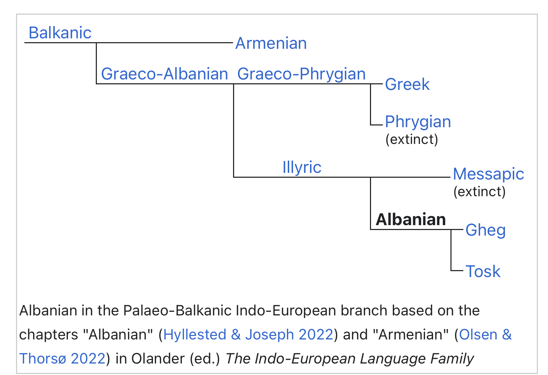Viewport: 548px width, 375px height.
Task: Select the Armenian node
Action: [x=271, y=43]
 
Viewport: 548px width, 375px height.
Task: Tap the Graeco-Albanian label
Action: [x=164, y=74]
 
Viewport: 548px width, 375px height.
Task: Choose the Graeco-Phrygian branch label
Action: [x=301, y=74]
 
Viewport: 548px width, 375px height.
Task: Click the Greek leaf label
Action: [x=407, y=84]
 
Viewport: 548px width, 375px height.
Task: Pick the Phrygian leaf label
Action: [x=418, y=122]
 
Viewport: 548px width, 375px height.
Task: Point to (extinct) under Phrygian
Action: [x=412, y=139]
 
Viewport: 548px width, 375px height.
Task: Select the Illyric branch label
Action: [x=302, y=167]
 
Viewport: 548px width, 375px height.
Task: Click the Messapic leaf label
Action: [x=488, y=174]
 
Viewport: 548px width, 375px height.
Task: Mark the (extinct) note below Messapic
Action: [x=479, y=192]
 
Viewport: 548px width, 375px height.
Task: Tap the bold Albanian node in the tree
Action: [x=411, y=219]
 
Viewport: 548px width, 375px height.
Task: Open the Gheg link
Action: [x=485, y=230]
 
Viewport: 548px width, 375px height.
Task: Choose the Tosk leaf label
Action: [x=483, y=271]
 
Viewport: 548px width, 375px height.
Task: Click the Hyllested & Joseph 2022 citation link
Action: [x=248, y=335]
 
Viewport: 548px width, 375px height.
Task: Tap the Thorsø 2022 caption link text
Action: [x=62, y=359]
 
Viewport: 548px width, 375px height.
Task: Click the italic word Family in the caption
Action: [x=452, y=359]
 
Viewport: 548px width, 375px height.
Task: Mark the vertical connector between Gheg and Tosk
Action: [x=451, y=250]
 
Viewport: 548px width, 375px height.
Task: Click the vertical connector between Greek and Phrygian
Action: [x=371, y=105]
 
